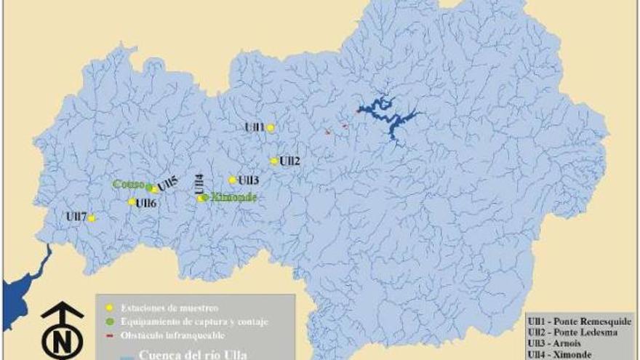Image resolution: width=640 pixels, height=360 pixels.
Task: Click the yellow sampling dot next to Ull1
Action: tap(271, 128)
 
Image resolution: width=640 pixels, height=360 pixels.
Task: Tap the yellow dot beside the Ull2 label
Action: tap(274, 161)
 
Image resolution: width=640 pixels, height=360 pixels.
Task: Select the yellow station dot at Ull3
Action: tap(233, 180)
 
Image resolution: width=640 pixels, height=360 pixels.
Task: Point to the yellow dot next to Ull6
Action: tap(132, 202)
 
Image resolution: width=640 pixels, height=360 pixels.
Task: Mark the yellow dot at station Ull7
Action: tap(92, 217)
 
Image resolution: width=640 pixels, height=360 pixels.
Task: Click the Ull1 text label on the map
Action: tap(255, 127)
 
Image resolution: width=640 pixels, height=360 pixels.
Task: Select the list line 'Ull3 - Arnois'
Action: tap(559, 343)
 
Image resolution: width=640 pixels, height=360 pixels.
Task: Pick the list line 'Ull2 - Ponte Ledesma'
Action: tap(572, 332)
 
